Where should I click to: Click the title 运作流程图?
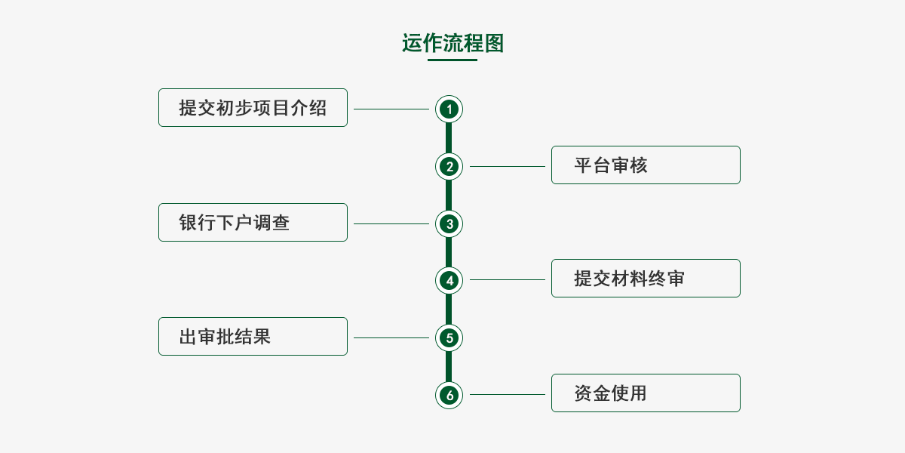click(452, 43)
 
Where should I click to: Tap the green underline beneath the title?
click(452, 60)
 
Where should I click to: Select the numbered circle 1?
click(449, 109)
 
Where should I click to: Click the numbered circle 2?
click(449, 166)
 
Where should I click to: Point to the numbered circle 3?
click(449, 223)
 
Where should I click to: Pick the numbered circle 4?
click(449, 280)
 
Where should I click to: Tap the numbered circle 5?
click(449, 337)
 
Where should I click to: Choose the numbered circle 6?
click(449, 394)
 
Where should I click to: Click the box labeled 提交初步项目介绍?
click(253, 108)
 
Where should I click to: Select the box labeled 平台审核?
click(646, 165)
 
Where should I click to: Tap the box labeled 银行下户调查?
click(253, 223)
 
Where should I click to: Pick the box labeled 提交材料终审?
click(646, 279)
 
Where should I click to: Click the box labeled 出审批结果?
click(253, 337)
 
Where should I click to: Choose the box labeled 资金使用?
click(646, 393)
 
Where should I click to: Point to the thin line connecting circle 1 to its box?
click(391, 109)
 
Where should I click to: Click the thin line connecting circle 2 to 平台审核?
click(507, 166)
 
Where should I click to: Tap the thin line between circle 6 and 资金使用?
click(507, 394)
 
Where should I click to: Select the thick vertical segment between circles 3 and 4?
click(449, 252)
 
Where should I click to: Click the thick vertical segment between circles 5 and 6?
click(449, 366)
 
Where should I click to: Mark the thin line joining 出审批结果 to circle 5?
click(391, 337)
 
